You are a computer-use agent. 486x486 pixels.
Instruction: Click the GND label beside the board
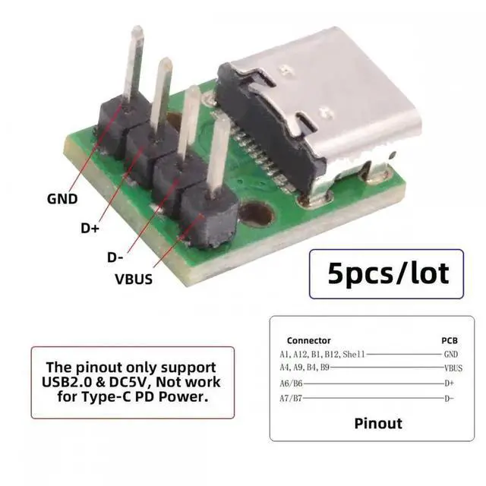point(62,200)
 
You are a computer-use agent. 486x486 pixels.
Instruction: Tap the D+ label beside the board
point(90,228)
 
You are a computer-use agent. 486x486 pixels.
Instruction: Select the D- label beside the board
point(115,257)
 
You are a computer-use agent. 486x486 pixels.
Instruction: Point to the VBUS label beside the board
point(134,279)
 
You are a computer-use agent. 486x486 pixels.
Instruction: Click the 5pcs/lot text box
point(388,271)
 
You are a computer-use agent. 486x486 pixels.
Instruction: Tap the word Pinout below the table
point(378,422)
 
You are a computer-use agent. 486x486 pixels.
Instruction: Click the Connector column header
point(308,340)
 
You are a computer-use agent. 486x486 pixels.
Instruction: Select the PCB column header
point(450,340)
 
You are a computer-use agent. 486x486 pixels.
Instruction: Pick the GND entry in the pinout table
point(451,354)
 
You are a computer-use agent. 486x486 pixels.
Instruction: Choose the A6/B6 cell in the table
point(291,383)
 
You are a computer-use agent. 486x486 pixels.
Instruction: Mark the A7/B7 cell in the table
point(291,398)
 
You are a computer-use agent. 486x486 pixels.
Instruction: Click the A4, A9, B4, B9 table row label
point(304,368)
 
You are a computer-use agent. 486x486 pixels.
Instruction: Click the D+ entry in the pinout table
point(450,383)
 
